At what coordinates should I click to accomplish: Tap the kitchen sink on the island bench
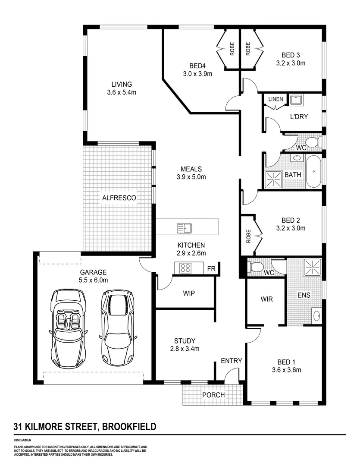(185, 227)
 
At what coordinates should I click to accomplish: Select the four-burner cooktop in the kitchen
(185, 268)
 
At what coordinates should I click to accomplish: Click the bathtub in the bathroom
(313, 171)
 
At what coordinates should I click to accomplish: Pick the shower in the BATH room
(272, 179)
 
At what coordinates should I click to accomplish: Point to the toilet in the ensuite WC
(257, 267)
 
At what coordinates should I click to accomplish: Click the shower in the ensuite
(312, 268)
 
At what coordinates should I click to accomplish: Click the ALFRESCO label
(119, 198)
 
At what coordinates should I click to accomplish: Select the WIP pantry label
(189, 293)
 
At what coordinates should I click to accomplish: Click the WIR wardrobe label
(266, 299)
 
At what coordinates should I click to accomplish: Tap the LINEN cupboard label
(275, 99)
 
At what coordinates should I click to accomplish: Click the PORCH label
(213, 395)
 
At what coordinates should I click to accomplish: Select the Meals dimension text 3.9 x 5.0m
(191, 177)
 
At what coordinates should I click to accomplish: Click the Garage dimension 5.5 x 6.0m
(93, 280)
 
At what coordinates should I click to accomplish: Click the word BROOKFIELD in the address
(128, 427)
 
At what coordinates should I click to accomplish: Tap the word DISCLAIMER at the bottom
(22, 440)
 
